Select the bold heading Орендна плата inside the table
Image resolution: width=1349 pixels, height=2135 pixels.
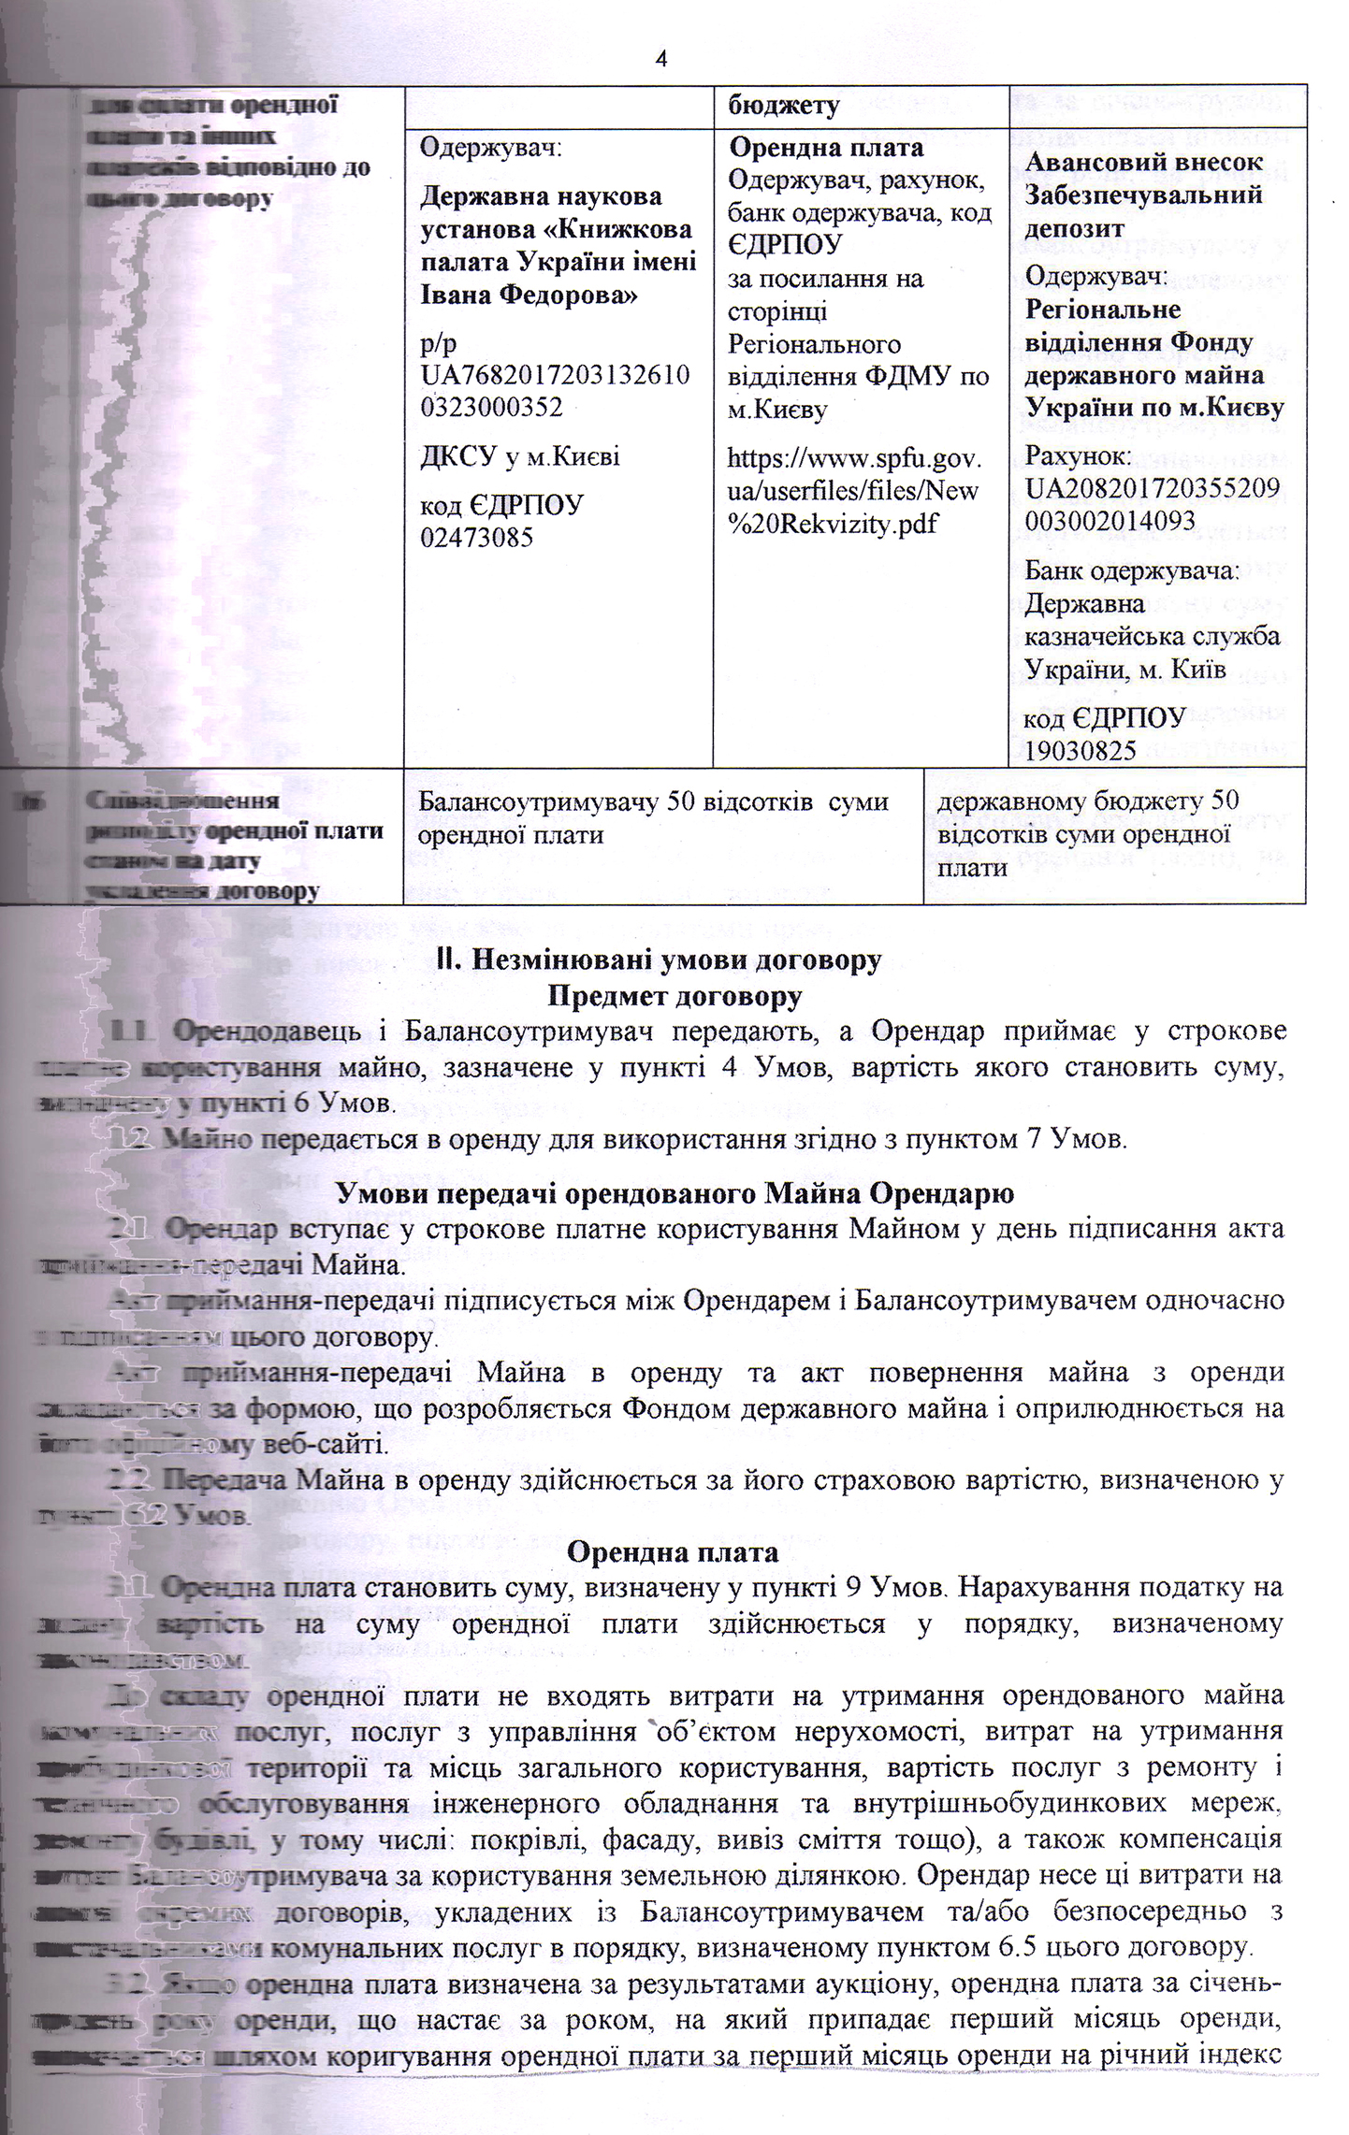point(826,148)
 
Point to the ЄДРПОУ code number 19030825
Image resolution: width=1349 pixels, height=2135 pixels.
point(1081,750)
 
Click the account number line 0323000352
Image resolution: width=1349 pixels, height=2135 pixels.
point(491,407)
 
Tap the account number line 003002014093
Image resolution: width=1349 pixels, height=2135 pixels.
point(1110,520)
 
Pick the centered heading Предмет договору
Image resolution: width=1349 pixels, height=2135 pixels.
point(674,997)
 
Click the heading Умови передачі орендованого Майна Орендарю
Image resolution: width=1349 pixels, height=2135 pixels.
point(674,1194)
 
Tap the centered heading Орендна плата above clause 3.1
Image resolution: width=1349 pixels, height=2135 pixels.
point(674,1552)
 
